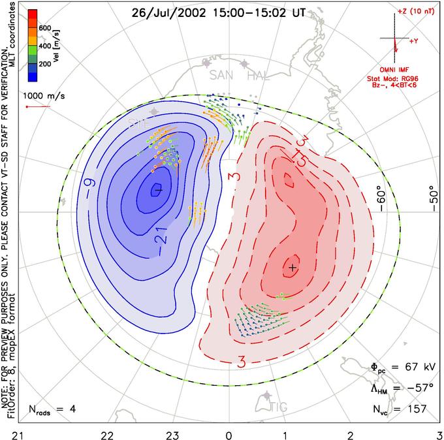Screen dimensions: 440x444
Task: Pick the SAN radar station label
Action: click(x=221, y=76)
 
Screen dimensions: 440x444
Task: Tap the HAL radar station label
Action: click(x=259, y=76)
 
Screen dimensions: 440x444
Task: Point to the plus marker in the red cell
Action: click(x=293, y=268)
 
